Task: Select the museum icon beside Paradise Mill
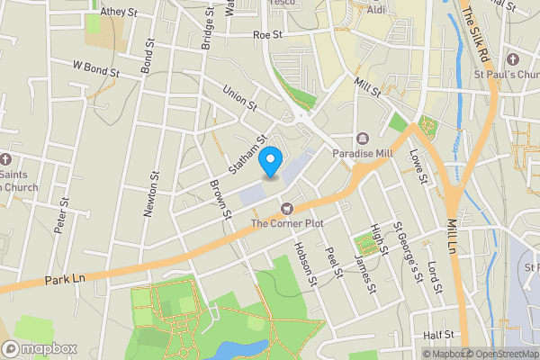[x=363, y=139]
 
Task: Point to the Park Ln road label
[x=67, y=282]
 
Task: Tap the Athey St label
[x=118, y=12]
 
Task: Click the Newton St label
[x=149, y=196]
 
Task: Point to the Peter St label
[x=61, y=216]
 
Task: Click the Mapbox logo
[x=40, y=347]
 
